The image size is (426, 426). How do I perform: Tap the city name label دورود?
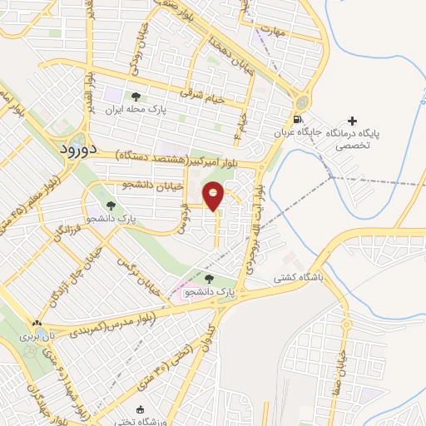(x=80, y=147)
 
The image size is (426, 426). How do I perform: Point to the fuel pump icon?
(x=299, y=118)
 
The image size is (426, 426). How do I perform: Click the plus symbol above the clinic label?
(x=357, y=121)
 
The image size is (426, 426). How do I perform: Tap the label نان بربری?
(x=37, y=337)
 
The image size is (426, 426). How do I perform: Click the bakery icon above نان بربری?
(x=37, y=324)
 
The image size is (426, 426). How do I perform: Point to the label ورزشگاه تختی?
(x=141, y=422)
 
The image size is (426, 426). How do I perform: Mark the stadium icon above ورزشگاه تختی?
(x=140, y=409)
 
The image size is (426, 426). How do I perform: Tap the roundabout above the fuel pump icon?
(x=299, y=98)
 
